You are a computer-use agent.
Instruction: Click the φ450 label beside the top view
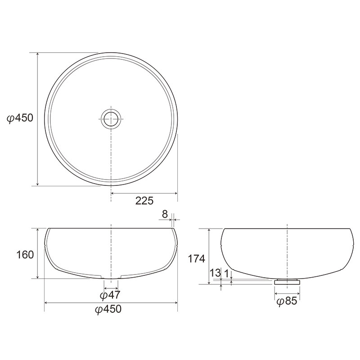pos(20,118)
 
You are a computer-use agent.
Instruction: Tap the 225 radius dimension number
pos(144,201)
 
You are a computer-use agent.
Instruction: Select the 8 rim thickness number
pos(165,214)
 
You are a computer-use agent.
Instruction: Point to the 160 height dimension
pos(25,255)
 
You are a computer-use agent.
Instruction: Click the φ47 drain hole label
pos(110,295)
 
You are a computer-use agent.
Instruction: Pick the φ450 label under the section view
pos(108,309)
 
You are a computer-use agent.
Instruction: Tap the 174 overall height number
pos(197,259)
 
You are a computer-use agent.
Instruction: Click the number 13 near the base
pos(216,273)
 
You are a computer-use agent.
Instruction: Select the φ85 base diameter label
pos(287,301)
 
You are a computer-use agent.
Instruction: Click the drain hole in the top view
pos(111,119)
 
